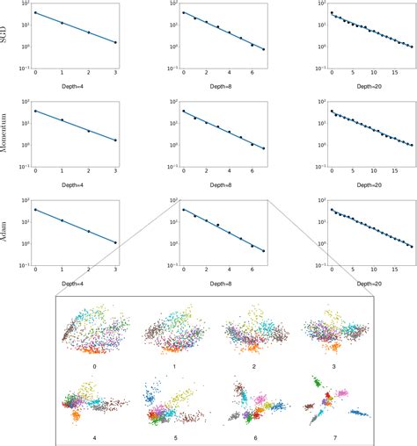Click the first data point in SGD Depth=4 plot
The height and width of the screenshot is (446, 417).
tap(35, 13)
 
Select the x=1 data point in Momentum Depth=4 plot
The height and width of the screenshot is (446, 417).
tap(62, 119)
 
